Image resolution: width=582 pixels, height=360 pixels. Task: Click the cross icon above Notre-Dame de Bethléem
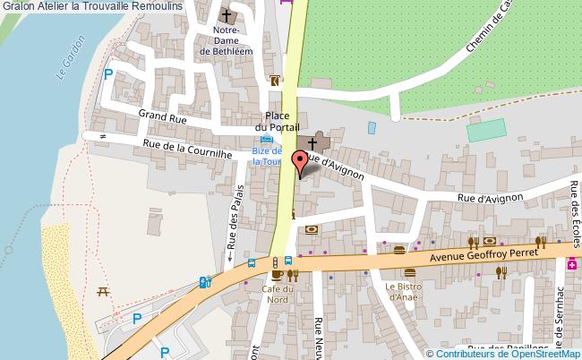[x=227, y=15]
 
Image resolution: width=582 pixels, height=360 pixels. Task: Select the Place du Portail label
[x=276, y=122]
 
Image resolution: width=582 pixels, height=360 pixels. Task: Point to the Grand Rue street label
[x=162, y=116]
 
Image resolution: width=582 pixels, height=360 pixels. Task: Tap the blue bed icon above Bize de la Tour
[x=266, y=140]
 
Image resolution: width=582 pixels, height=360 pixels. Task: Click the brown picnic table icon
[x=103, y=291]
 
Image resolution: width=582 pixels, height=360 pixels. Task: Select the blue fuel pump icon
[x=206, y=283]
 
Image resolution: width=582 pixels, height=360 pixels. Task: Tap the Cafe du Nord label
[x=278, y=295]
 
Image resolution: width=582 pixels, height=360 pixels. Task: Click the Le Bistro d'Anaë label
[x=403, y=292]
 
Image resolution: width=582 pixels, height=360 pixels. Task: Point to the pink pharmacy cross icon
[x=571, y=264]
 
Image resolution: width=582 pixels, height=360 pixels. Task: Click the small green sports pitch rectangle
[x=486, y=131]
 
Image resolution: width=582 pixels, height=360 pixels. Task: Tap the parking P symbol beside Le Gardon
[x=108, y=76]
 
